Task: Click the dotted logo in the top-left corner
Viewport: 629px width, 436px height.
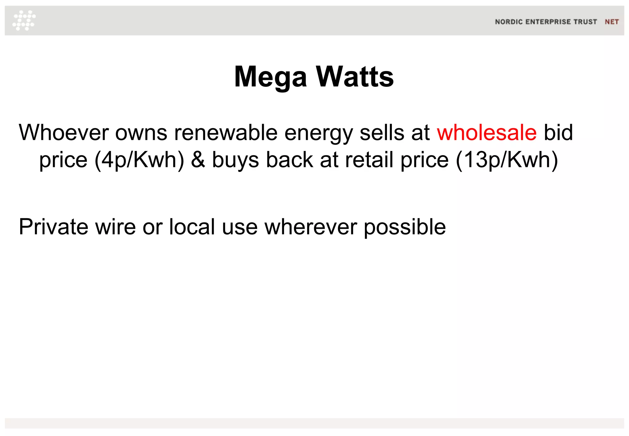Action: pos(24,20)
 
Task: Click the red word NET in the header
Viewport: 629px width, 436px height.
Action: pos(611,22)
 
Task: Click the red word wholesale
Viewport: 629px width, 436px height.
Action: pos(487,133)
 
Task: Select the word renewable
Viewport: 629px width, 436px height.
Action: pos(226,133)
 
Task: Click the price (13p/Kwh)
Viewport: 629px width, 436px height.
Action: pos(507,160)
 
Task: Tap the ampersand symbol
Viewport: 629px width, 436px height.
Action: pos(198,160)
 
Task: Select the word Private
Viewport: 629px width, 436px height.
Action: pos(54,227)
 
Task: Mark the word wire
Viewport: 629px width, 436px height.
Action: pos(115,227)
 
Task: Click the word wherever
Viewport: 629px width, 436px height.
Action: pos(311,227)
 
